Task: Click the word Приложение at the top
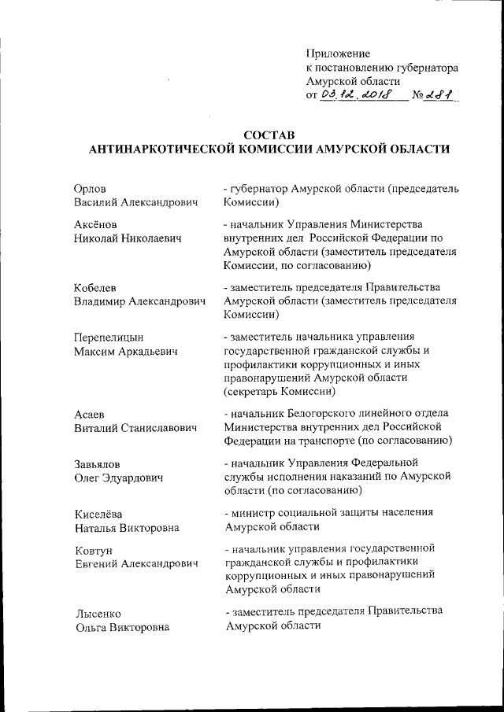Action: [338, 53]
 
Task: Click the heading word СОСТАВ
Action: [270, 135]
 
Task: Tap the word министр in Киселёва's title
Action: [252, 512]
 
